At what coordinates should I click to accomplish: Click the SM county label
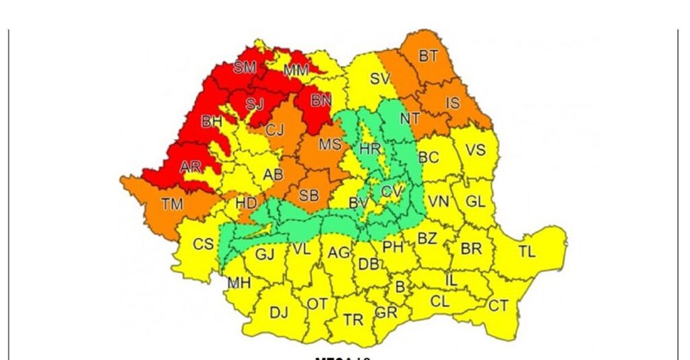[x=245, y=67]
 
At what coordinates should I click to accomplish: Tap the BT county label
[x=429, y=56]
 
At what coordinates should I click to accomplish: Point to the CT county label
[x=498, y=306]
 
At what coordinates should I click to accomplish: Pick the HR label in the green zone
[x=370, y=149]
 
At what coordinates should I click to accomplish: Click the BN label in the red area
[x=321, y=101]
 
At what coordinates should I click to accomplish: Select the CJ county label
[x=274, y=129]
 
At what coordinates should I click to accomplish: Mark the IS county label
[x=453, y=103]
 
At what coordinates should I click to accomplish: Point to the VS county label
[x=476, y=150]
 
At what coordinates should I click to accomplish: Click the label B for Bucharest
[x=400, y=288]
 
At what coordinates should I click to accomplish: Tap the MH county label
[x=239, y=283]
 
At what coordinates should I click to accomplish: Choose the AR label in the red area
[x=191, y=167]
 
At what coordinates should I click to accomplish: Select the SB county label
[x=309, y=196]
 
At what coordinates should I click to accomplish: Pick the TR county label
[x=353, y=320]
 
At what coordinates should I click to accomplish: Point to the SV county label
[x=380, y=79]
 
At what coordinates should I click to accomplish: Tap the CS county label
[x=203, y=245]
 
